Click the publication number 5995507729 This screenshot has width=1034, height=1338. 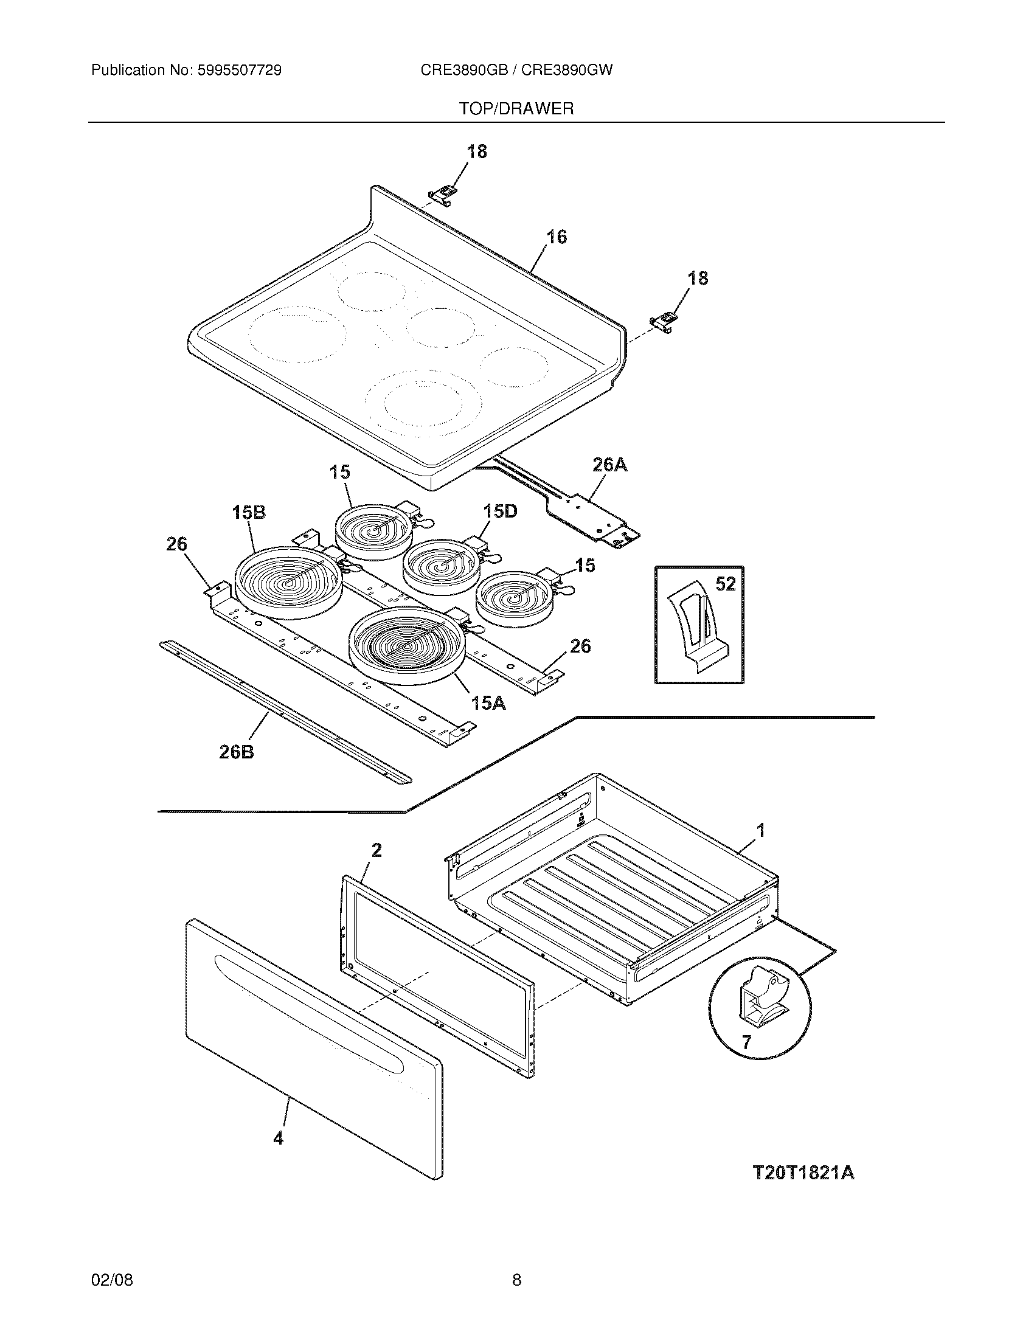(x=239, y=71)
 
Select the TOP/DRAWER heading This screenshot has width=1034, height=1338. (x=516, y=109)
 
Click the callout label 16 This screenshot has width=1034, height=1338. (x=556, y=237)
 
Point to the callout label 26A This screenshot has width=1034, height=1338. (x=609, y=465)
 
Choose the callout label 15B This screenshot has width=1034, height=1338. (x=249, y=512)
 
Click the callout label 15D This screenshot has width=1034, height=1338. (x=500, y=510)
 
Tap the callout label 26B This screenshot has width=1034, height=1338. (x=237, y=751)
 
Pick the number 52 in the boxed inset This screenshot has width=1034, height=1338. (x=725, y=584)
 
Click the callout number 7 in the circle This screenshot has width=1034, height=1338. (x=746, y=1042)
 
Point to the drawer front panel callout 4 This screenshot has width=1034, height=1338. (x=278, y=1139)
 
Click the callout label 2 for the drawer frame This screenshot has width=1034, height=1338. (x=376, y=850)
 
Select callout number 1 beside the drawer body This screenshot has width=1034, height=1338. (x=760, y=831)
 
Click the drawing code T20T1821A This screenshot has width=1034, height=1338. (x=802, y=1173)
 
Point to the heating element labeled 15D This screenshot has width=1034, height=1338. (x=440, y=567)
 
